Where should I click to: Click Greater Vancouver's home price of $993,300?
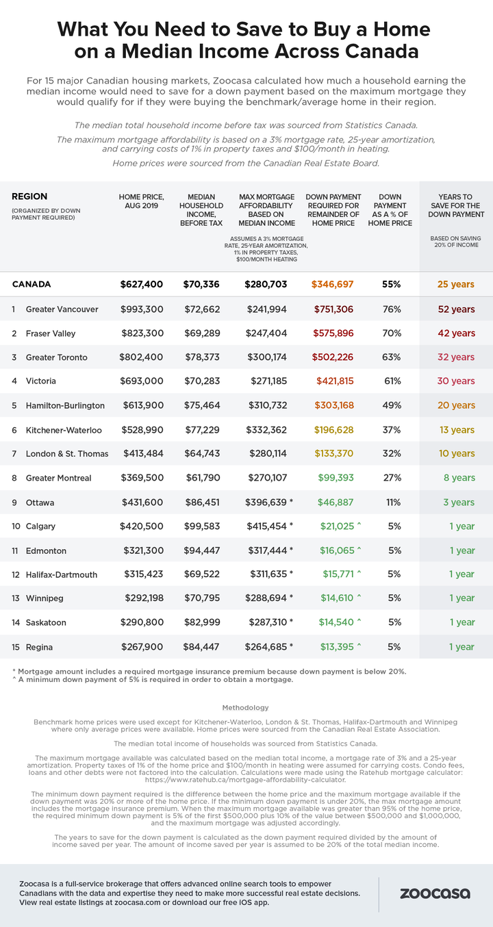(x=142, y=309)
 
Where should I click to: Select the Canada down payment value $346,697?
(x=332, y=284)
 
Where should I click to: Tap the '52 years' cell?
(x=456, y=309)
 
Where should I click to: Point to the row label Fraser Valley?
(x=51, y=333)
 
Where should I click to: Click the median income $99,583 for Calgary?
(x=202, y=526)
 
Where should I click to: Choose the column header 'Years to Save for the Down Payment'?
(x=456, y=205)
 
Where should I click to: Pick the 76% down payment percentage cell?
(x=391, y=309)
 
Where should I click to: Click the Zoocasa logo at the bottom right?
(x=435, y=893)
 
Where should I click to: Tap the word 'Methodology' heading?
(x=245, y=708)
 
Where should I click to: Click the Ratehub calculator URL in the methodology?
(x=245, y=780)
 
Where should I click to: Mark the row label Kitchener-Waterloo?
(x=64, y=430)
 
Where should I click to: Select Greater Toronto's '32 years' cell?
(x=456, y=357)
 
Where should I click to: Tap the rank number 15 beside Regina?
(x=16, y=647)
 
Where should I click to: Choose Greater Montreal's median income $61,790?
(x=203, y=478)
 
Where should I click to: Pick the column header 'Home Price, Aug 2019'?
(x=142, y=201)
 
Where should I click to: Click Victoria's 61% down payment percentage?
(x=392, y=381)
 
